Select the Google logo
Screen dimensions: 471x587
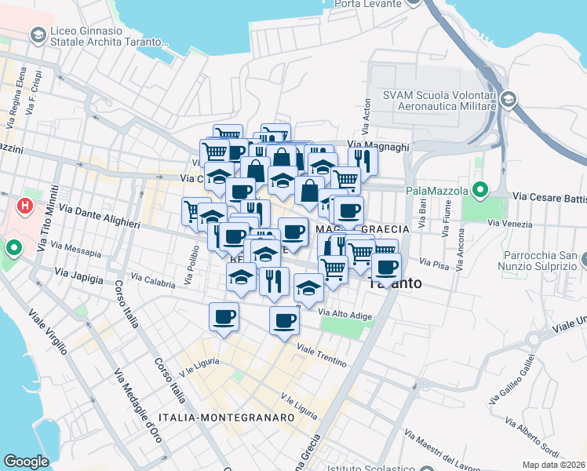26,462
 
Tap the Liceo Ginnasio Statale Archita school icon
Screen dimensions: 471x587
37,35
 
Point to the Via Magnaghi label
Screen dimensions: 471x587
378,146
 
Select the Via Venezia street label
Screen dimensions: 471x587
505,223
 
